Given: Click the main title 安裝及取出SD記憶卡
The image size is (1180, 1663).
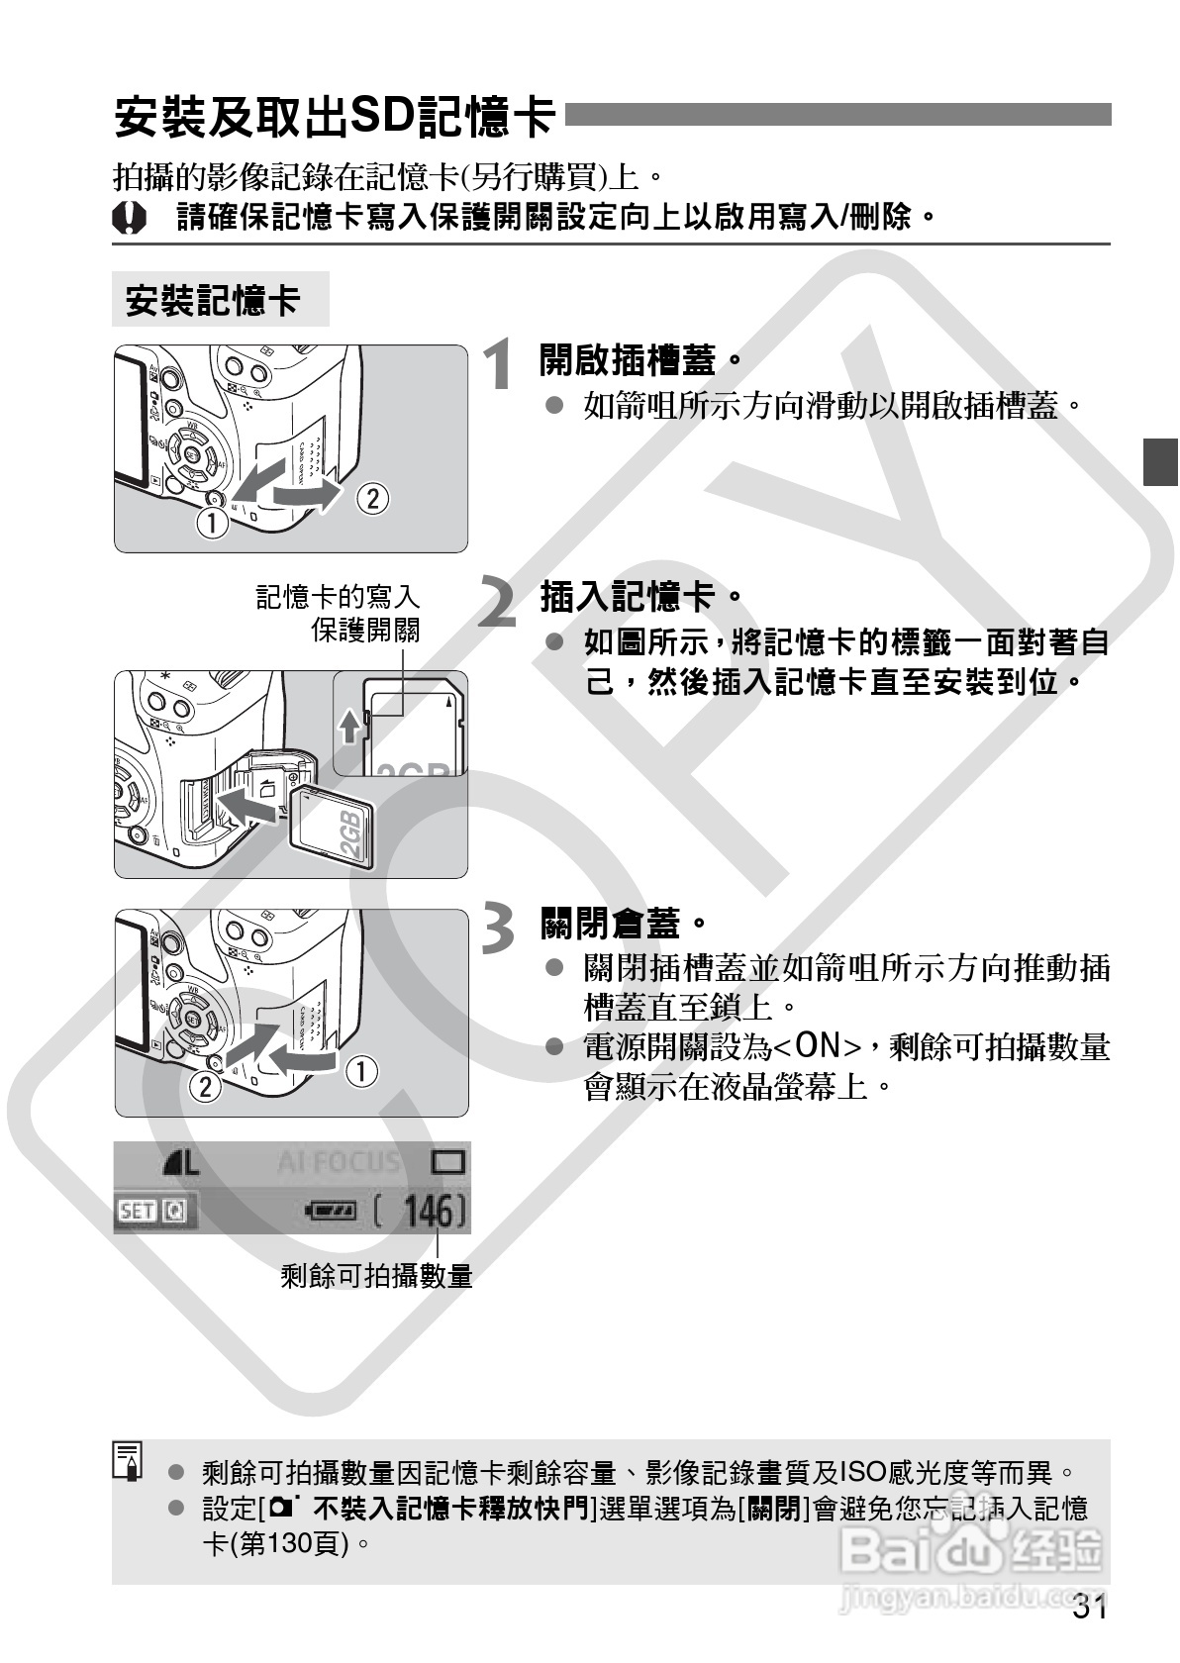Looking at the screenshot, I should click(335, 117).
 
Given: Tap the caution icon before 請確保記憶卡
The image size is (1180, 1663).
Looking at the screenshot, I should click(129, 217).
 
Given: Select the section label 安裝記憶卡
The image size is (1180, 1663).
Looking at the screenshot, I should click(213, 300).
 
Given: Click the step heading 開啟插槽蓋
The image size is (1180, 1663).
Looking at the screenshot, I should click(628, 358).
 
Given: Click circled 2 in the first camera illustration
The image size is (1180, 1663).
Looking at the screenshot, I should click(372, 497).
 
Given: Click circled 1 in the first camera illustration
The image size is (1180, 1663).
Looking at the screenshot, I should click(211, 522).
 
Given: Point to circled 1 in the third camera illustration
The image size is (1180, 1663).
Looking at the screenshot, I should click(361, 1071).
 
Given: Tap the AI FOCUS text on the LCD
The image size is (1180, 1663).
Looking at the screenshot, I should click(339, 1161).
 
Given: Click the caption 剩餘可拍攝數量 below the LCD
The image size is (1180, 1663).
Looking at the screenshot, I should click(376, 1276).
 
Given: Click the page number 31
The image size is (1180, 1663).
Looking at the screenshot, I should click(1089, 1609).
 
